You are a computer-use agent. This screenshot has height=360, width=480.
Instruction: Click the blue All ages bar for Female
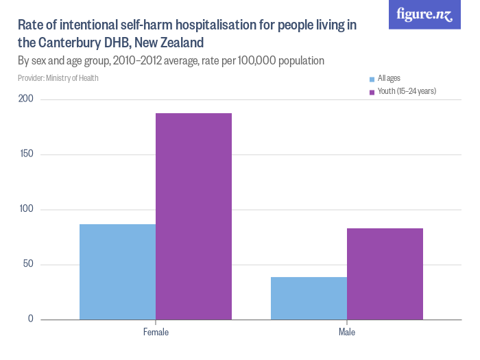[x=117, y=272]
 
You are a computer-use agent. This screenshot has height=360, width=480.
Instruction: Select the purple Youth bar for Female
[x=193, y=216]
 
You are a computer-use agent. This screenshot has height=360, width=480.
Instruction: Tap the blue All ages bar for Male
[x=309, y=298]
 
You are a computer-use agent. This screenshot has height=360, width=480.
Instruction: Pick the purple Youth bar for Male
[x=385, y=274]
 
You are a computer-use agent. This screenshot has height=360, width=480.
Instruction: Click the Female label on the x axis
[x=156, y=333]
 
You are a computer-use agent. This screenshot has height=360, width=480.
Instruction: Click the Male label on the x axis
[x=347, y=333]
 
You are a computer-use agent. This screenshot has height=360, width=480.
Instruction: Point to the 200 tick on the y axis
[x=26, y=99]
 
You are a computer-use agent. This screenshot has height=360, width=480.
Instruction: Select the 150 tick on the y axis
[x=26, y=154]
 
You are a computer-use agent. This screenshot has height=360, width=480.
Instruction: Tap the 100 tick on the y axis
[x=26, y=209]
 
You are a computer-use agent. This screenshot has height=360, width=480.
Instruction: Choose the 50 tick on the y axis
[x=28, y=264]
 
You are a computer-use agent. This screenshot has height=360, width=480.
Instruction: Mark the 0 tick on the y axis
[x=31, y=319]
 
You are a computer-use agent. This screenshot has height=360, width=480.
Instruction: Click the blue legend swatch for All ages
[x=372, y=79]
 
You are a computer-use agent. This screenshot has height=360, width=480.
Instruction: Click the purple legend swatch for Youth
[x=372, y=91]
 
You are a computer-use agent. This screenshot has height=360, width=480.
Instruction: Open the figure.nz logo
[x=424, y=15]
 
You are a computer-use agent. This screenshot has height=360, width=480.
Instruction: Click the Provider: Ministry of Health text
[x=58, y=78]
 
